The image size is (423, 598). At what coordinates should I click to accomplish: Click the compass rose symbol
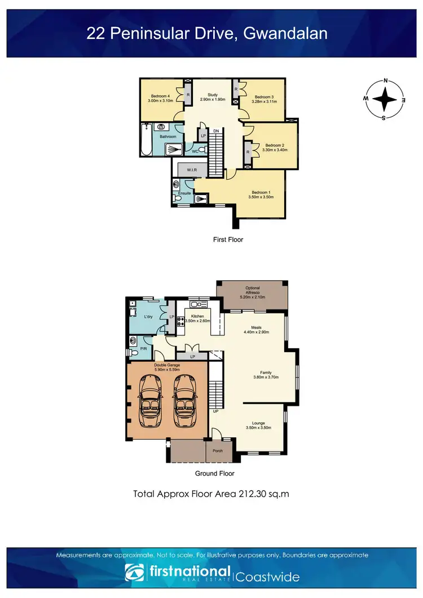click(385, 99)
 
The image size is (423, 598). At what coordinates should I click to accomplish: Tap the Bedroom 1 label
click(262, 192)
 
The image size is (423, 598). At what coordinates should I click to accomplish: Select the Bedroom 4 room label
click(159, 96)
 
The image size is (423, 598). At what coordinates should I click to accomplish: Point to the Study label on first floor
click(213, 95)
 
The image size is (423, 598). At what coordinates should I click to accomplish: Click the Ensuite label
click(183, 193)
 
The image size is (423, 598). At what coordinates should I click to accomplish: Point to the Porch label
click(217, 450)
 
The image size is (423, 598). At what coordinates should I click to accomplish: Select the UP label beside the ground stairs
click(215, 411)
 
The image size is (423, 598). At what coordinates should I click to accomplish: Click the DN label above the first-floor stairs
click(216, 131)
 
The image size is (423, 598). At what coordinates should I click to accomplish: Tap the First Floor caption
click(227, 240)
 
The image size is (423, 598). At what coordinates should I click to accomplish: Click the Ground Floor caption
click(214, 473)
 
